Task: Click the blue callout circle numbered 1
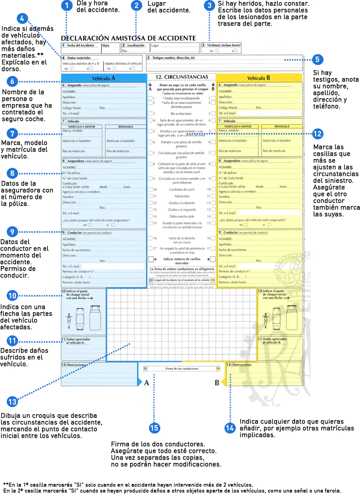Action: click(66, 5)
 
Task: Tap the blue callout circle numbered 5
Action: click(317, 60)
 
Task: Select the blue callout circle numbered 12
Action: click(317, 134)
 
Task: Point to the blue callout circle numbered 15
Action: click(154, 428)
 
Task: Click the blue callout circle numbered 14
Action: click(230, 428)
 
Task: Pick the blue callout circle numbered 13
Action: click(12, 402)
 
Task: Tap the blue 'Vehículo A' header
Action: click(104, 78)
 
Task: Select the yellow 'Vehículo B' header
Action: click(258, 78)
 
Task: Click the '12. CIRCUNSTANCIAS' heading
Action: click(182, 77)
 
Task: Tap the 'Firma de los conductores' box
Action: click(182, 369)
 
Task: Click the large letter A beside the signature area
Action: click(146, 383)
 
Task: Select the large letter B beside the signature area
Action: click(217, 383)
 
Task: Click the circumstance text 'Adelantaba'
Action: click(182, 196)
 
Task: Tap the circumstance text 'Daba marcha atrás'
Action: click(182, 216)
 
